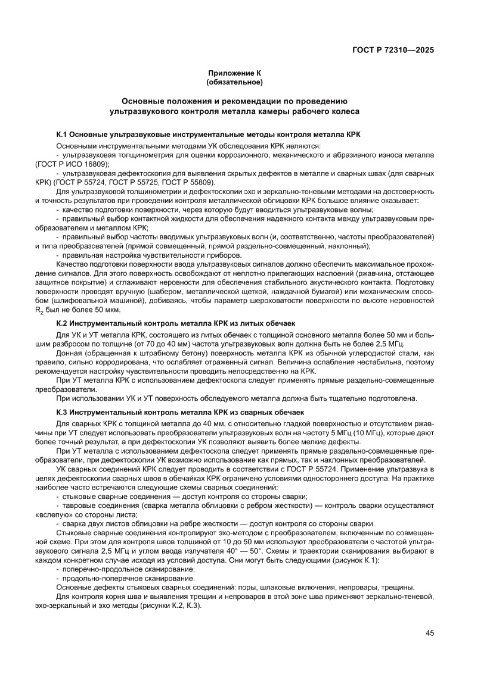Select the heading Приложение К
pos(234,73)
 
